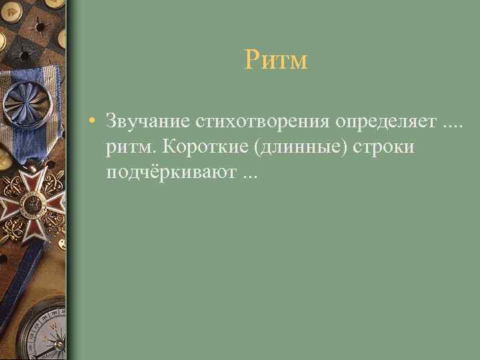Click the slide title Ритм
(x=275, y=61)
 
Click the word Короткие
(x=206, y=147)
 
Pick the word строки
(x=384, y=147)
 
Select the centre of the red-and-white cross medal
(x=30, y=203)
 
